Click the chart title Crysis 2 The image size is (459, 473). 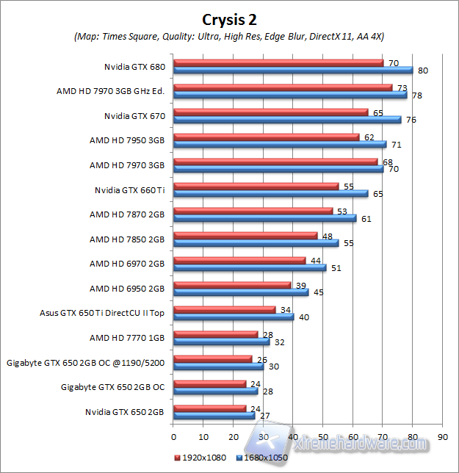tap(229, 18)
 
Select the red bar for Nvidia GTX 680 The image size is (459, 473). tap(278, 63)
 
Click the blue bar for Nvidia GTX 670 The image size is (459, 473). tap(286, 120)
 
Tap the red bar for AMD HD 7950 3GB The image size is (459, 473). tap(266, 137)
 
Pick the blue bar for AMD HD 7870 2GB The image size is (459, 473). tap(264, 218)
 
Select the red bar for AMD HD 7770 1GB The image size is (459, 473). tap(214, 334)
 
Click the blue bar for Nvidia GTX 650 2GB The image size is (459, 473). tap(213, 416)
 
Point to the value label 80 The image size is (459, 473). tap(422, 71)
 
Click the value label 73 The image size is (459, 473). tap(402, 87)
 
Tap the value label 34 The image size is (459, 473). tap(285, 309)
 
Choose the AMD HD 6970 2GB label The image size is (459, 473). tap(127, 264)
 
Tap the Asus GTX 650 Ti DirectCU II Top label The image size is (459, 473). tap(102, 312)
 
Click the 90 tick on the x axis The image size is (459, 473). tap(442, 435)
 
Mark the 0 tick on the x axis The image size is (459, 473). tap(173, 435)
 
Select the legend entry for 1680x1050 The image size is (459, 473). tap(262, 458)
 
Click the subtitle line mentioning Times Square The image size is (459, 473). tap(229, 36)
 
